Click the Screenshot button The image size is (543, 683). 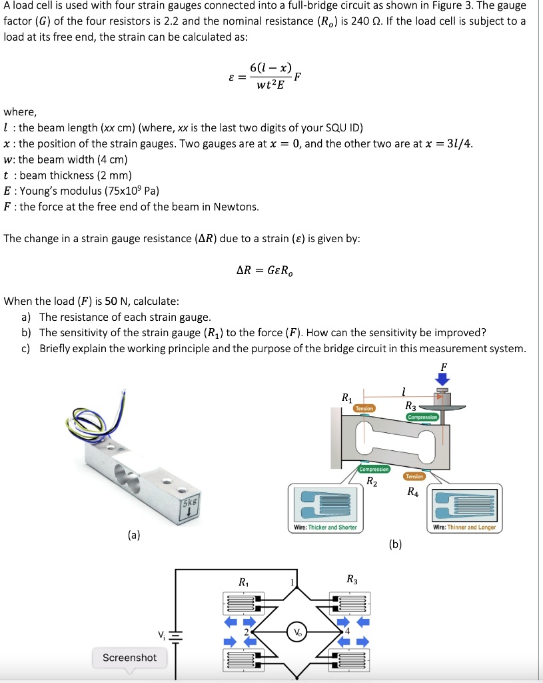pos(130,658)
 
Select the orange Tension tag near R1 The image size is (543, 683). pos(364,408)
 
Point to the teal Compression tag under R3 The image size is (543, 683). pos(422,417)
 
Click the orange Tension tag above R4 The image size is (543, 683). pos(414,476)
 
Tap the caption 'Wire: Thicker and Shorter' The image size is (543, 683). pos(326,527)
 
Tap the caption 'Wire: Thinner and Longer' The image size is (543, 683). pos(464,527)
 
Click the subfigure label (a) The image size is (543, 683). pos(134,534)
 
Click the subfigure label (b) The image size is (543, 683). pos(395,544)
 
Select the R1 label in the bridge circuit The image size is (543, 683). pos(245,582)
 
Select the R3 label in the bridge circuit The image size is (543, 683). pos(352,580)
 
